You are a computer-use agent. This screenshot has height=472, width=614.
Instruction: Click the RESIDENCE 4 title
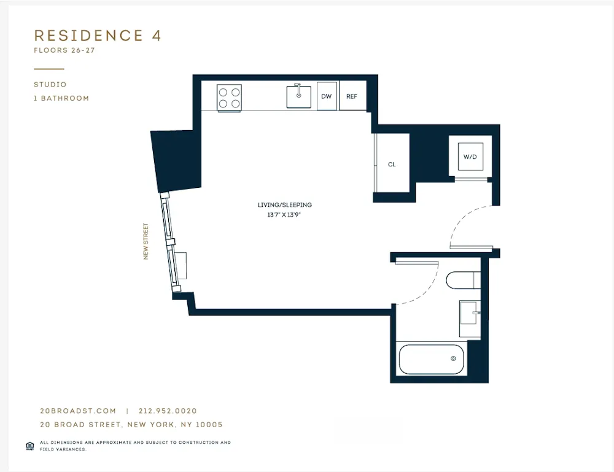click(98, 36)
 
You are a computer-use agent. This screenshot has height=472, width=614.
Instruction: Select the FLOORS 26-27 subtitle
click(64, 50)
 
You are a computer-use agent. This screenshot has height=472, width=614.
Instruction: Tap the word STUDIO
click(50, 85)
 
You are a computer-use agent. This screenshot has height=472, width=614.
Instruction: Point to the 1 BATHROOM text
click(61, 98)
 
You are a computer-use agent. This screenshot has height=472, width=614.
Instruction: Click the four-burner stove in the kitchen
click(229, 97)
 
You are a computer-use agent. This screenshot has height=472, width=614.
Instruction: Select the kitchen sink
click(299, 96)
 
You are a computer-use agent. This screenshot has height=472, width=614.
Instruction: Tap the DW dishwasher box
click(327, 96)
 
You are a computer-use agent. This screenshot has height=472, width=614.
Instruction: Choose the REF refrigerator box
click(352, 96)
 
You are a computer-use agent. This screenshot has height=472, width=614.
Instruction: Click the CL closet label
click(392, 164)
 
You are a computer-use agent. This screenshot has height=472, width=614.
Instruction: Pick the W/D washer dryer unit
click(470, 157)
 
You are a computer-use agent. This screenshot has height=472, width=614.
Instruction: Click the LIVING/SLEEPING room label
click(284, 205)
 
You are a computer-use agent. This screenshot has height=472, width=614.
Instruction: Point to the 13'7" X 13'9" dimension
click(284, 215)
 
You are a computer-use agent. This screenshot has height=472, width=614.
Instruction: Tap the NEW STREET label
click(146, 241)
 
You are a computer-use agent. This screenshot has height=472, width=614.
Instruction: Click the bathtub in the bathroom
click(432, 359)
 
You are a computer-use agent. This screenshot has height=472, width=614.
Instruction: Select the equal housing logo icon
click(29, 446)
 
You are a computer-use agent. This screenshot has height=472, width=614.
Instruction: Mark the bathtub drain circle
click(454, 358)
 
